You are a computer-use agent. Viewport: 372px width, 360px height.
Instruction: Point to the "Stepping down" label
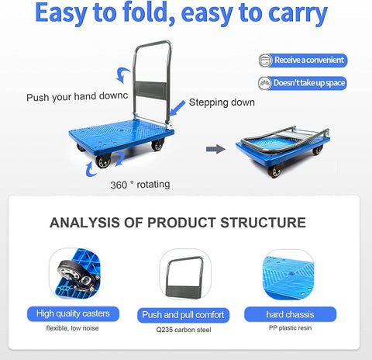(x=222, y=102)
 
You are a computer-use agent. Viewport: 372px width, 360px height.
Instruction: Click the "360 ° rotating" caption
(x=139, y=185)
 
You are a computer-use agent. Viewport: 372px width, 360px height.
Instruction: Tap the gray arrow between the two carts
(x=215, y=148)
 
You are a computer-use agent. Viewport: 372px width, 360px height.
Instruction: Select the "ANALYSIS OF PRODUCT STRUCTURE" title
(x=177, y=223)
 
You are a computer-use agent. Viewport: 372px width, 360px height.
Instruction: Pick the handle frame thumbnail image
(x=184, y=275)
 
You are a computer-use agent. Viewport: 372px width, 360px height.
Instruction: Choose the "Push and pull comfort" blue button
(x=184, y=314)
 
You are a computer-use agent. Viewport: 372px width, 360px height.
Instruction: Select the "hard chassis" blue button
(x=290, y=314)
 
